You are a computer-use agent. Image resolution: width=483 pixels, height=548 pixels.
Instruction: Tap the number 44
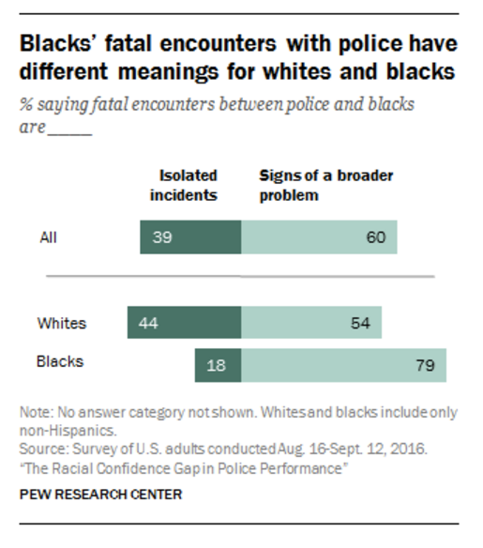click(148, 323)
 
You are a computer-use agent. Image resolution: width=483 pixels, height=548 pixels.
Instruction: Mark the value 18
click(217, 365)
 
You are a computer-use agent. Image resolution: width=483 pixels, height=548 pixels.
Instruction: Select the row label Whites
click(61, 323)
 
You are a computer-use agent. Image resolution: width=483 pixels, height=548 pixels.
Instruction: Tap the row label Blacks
click(60, 360)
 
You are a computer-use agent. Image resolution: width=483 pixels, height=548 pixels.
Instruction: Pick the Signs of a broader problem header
click(312, 184)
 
